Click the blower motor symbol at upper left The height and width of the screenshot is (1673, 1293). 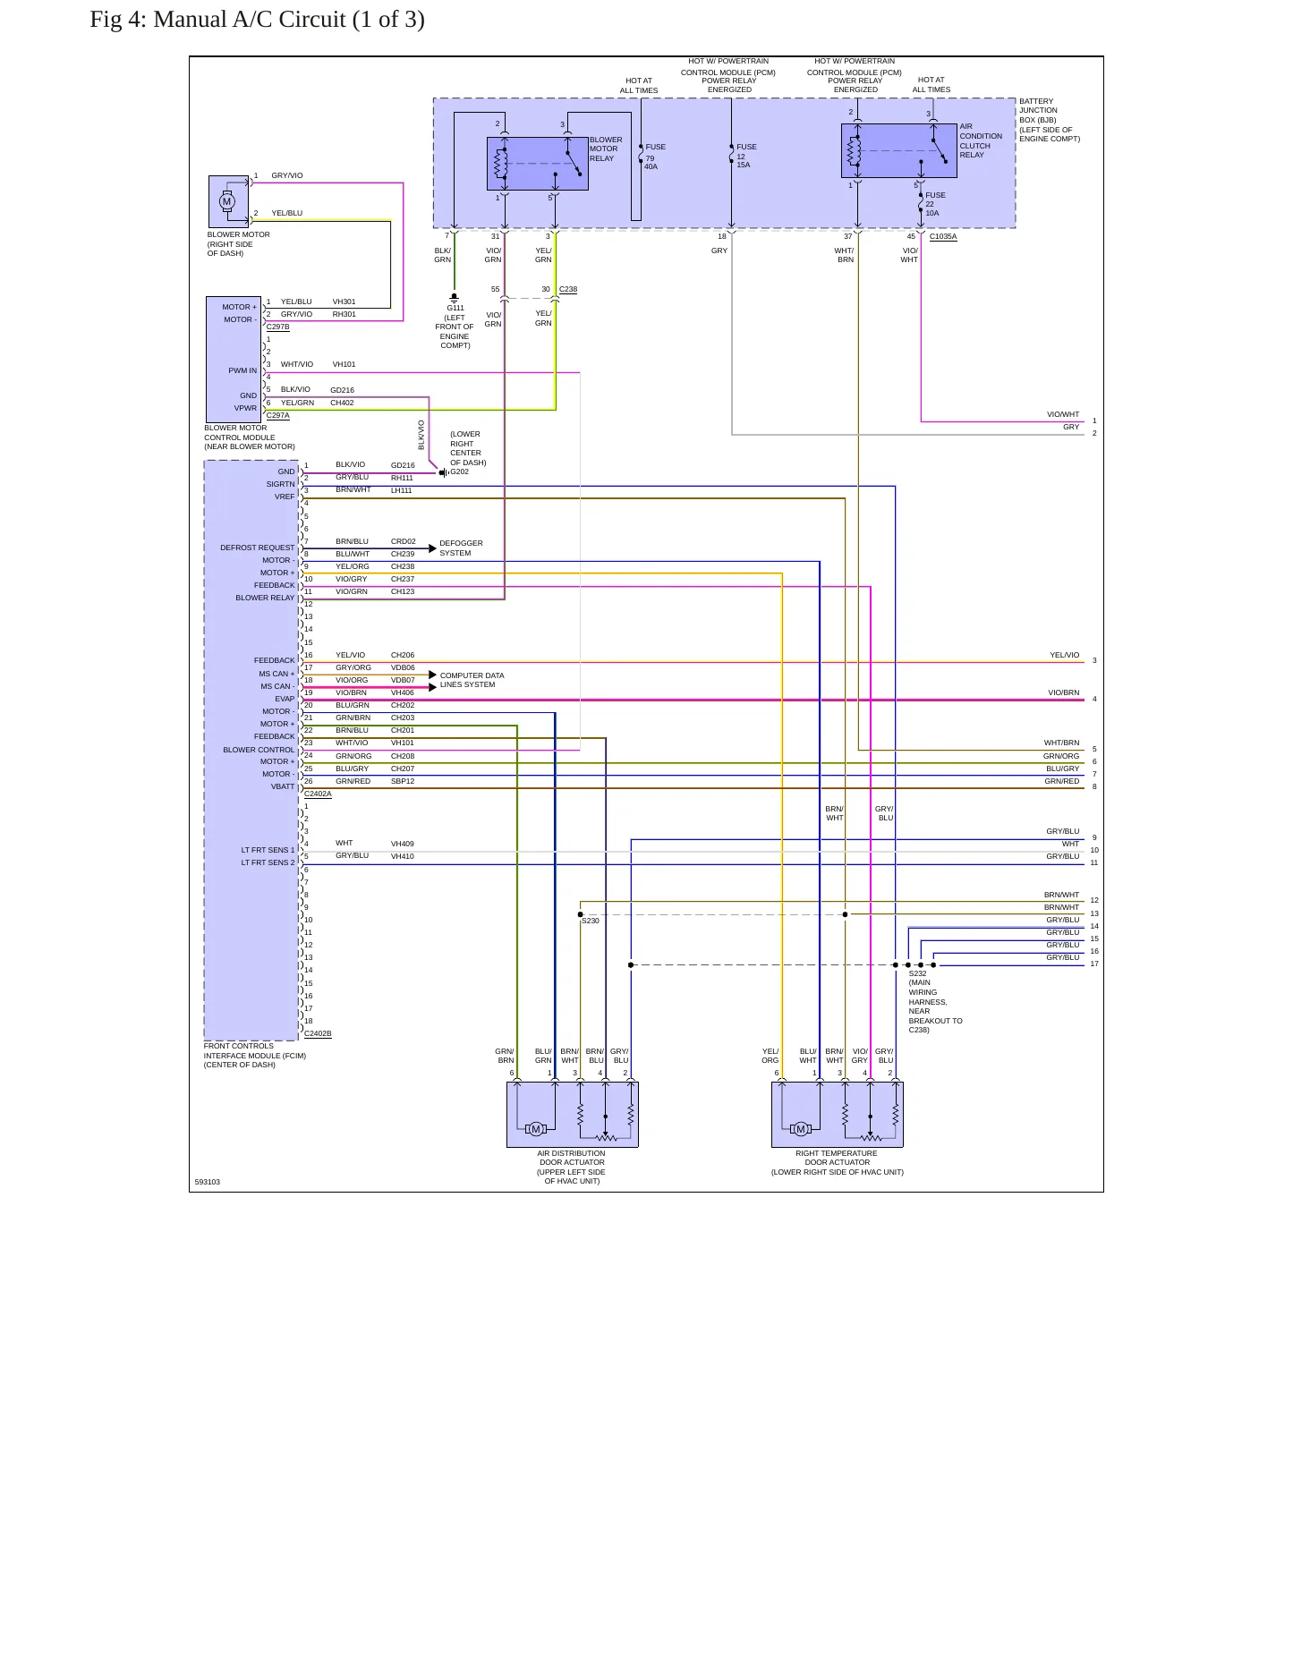coord(227,201)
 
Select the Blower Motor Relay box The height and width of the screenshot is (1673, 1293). coord(537,164)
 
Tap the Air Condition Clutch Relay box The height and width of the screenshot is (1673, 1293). coord(898,150)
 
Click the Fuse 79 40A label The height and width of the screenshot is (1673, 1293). coord(654,157)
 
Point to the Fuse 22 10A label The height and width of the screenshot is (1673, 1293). coord(934,204)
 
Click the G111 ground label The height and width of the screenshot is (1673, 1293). coord(455,308)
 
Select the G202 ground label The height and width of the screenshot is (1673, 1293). coord(459,471)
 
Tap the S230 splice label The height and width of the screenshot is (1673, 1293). coord(591,921)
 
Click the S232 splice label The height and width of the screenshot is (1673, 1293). coord(918,973)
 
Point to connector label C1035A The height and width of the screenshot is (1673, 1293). coord(943,237)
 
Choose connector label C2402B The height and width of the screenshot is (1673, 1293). coord(318,1033)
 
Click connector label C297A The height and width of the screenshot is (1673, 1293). coord(278,415)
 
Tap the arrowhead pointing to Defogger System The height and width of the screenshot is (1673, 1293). coord(433,548)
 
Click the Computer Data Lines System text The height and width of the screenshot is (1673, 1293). coord(472,680)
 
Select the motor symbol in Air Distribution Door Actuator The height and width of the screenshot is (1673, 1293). coord(536,1129)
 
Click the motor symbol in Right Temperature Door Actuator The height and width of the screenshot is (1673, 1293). coord(801,1129)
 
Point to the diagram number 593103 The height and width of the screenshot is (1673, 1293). coord(208,1182)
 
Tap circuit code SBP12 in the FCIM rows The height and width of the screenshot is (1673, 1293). coord(403,781)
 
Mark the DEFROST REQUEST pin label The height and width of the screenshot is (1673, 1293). coord(258,548)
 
